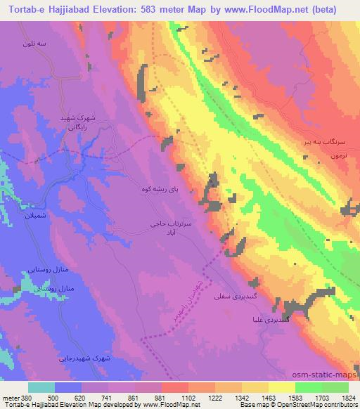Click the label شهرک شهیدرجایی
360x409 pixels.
pos(102,358)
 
